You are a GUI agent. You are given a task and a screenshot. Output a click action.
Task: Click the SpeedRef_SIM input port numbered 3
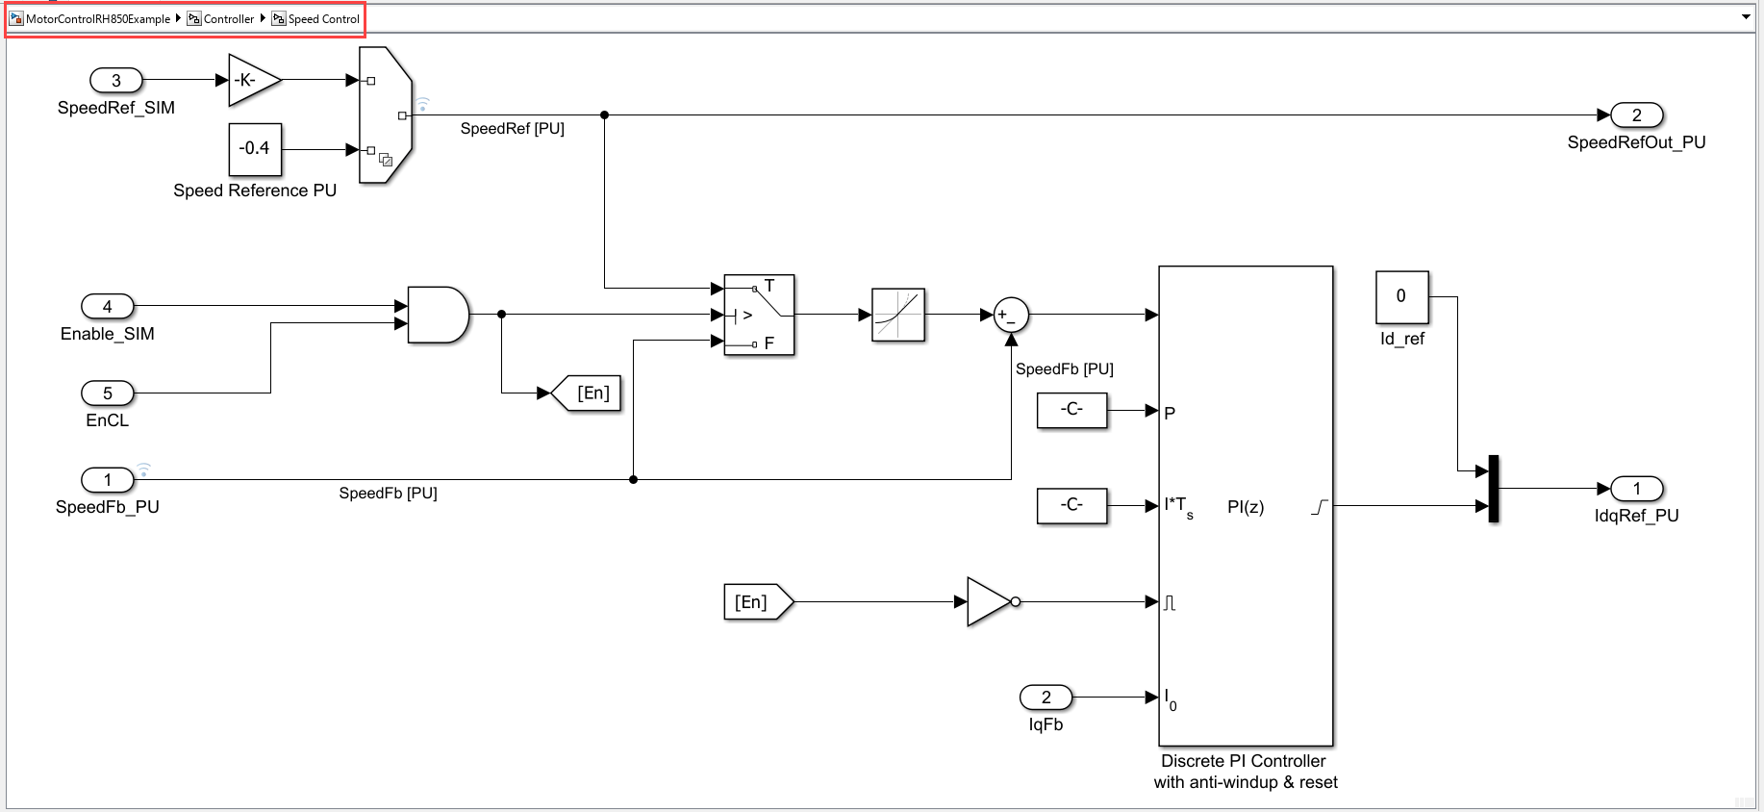pyautogui.click(x=116, y=81)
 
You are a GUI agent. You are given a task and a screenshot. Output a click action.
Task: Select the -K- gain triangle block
pyautogui.click(x=252, y=80)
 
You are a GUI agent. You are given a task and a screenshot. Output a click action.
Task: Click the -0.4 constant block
pyautogui.click(x=255, y=149)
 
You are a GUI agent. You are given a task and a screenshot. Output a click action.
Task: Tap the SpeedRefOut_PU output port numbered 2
pyautogui.click(x=1636, y=115)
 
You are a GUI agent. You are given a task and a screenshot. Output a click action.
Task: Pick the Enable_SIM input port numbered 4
pyautogui.click(x=108, y=307)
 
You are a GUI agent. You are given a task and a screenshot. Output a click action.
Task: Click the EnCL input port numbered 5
pyautogui.click(x=108, y=393)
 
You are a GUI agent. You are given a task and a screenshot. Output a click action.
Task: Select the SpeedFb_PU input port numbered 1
pyautogui.click(x=108, y=480)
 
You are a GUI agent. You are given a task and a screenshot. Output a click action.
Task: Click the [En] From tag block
pyautogui.click(x=756, y=602)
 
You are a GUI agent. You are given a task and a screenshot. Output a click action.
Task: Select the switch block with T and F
pyautogui.click(x=759, y=315)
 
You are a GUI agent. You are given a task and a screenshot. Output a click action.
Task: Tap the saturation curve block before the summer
pyautogui.click(x=897, y=315)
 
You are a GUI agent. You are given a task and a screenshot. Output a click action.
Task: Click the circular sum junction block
pyautogui.click(x=1011, y=315)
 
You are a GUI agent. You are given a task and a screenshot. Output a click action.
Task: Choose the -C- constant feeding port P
pyautogui.click(x=1071, y=411)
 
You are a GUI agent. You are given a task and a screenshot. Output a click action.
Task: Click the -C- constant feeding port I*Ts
pyautogui.click(x=1071, y=506)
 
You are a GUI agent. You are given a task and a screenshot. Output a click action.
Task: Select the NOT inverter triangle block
pyautogui.click(x=989, y=602)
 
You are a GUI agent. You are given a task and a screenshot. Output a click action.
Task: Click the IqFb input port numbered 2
pyautogui.click(x=1046, y=698)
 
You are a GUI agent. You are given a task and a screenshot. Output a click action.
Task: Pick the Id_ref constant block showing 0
pyautogui.click(x=1401, y=297)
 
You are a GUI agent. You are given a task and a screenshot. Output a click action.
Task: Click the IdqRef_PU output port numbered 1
pyautogui.click(x=1636, y=489)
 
